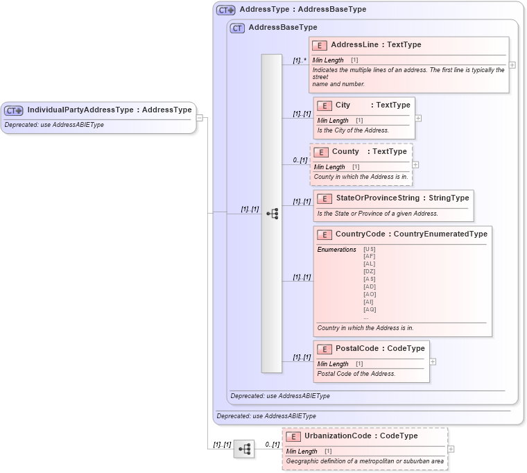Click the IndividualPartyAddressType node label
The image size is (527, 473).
point(109,110)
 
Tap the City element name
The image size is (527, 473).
point(343,105)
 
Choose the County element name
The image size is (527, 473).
point(345,151)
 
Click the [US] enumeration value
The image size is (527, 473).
point(370,249)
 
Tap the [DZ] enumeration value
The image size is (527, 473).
point(370,271)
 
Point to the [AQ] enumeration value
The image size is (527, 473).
point(370,309)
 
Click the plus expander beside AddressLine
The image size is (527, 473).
point(512,64)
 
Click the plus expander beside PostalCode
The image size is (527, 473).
point(433,361)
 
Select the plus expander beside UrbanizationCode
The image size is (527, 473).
point(451,449)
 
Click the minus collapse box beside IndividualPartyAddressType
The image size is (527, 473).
point(200,117)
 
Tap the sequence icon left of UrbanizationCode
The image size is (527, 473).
point(244,449)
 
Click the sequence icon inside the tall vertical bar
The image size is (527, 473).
point(272,214)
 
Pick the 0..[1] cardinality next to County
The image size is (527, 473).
point(300,160)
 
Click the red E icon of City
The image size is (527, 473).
point(324,105)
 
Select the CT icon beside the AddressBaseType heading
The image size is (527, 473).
point(237,28)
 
